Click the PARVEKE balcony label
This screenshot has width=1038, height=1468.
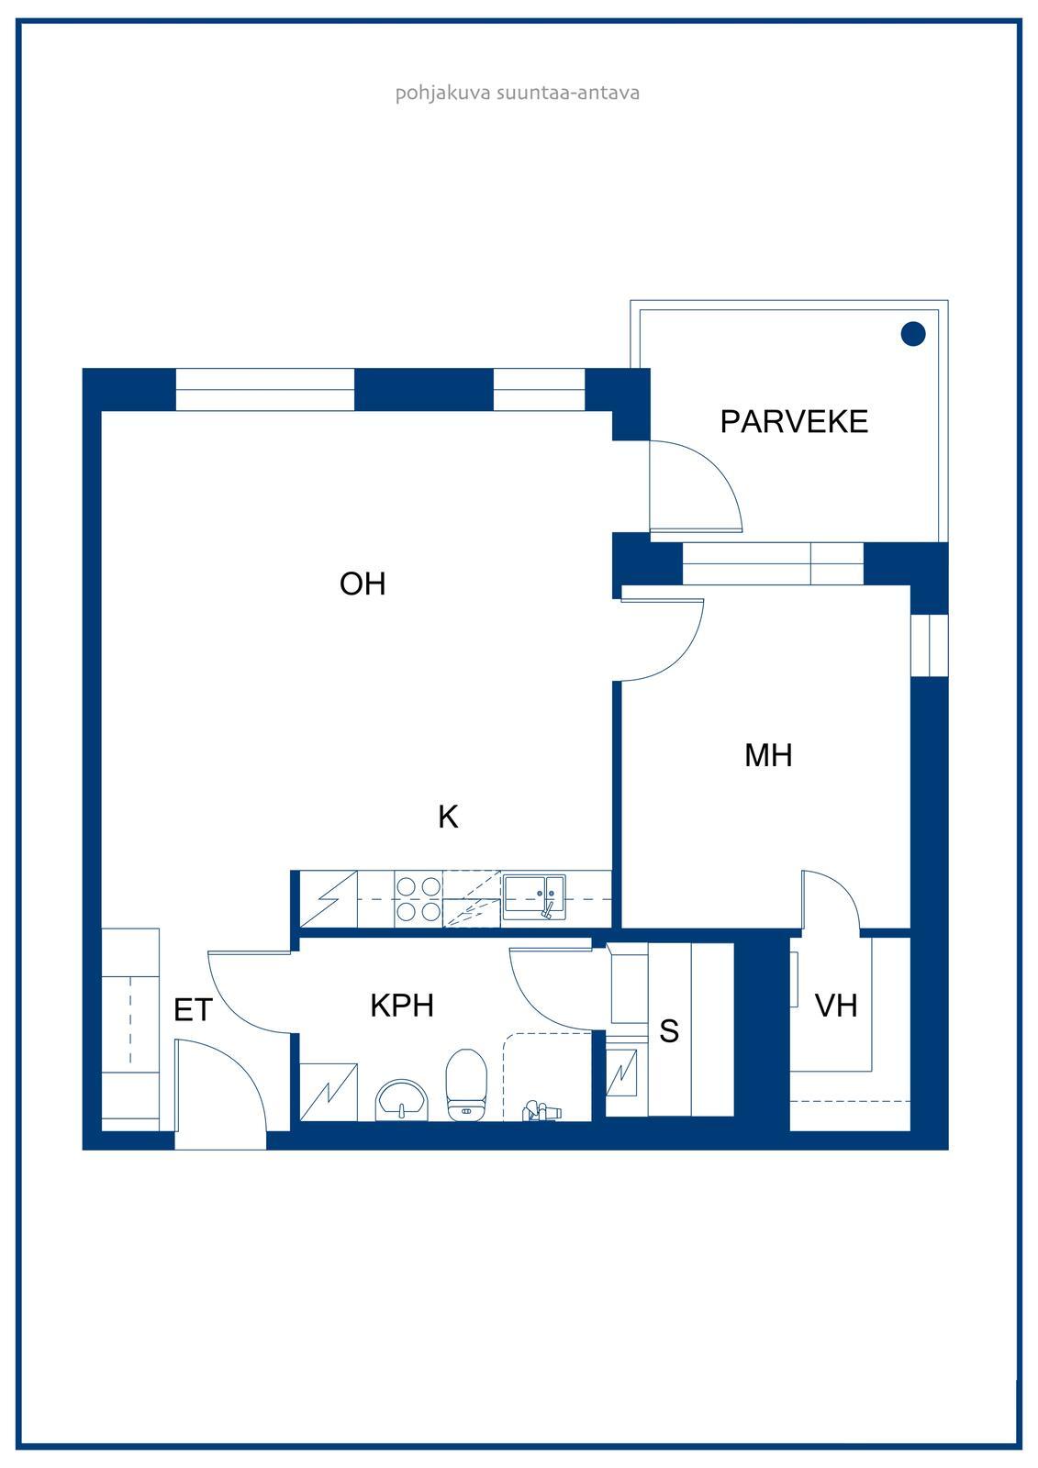pyautogui.click(x=794, y=421)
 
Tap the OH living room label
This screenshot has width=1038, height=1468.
pyautogui.click(x=363, y=584)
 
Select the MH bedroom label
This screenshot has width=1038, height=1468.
pyautogui.click(x=768, y=755)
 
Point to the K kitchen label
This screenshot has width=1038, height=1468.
pyautogui.click(x=448, y=817)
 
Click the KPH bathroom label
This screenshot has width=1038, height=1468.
pyautogui.click(x=402, y=1006)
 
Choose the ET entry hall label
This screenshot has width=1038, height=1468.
pyautogui.click(x=193, y=1010)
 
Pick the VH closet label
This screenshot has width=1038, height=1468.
pyautogui.click(x=836, y=1006)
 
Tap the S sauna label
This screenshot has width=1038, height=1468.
pyautogui.click(x=669, y=1031)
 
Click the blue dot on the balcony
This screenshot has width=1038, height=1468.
pyautogui.click(x=913, y=334)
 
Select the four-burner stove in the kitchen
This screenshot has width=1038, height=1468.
pyautogui.click(x=419, y=898)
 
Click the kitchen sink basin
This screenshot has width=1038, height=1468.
pyautogui.click(x=534, y=896)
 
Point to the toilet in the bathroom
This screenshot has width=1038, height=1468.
pyautogui.click(x=466, y=1084)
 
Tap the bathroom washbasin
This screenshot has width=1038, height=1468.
pyautogui.click(x=401, y=1100)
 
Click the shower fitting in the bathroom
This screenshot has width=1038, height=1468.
pyautogui.click(x=541, y=1111)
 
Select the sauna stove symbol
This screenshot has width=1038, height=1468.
pyautogui.click(x=621, y=1073)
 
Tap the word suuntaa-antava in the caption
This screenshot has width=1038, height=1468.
pyautogui.click(x=568, y=93)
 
